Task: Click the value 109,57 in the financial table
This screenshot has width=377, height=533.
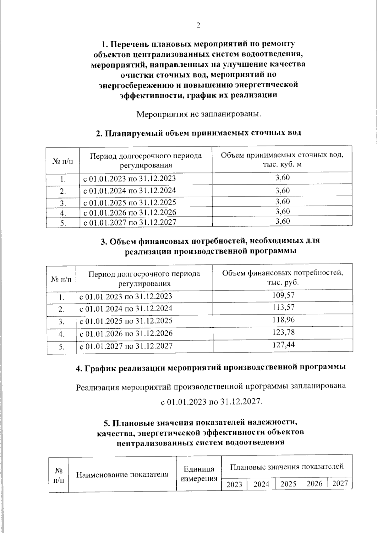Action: pos(283,295)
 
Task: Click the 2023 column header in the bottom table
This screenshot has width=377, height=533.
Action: pos(234,484)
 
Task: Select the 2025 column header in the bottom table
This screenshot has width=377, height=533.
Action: pos(288,484)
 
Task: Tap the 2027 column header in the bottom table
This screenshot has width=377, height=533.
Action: pos(340,483)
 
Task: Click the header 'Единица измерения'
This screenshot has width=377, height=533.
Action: pos(199,474)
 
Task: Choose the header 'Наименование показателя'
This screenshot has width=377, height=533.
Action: pos(122,474)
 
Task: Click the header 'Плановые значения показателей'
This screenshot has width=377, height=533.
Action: pos(287,466)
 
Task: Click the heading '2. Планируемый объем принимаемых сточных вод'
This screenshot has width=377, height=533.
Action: pos(198,133)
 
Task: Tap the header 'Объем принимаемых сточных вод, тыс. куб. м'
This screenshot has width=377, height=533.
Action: pos(282,160)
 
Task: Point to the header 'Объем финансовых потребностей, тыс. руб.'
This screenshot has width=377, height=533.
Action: pos(282,277)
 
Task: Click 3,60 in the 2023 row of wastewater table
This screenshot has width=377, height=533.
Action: pos(282,178)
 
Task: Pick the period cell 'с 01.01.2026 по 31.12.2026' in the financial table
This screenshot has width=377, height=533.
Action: pos(126,333)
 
